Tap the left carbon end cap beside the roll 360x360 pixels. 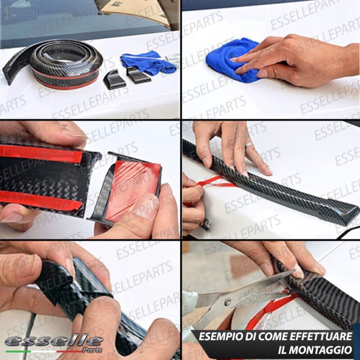click(x=114, y=80)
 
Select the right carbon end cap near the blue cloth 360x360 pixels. click(x=138, y=75)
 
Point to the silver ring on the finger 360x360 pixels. click(x=248, y=145)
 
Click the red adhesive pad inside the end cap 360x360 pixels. click(x=133, y=191)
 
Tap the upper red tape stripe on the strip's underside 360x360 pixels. click(x=41, y=154)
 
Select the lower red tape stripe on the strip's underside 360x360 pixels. click(x=41, y=200)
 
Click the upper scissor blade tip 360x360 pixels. click(x=294, y=271)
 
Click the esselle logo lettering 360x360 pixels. click(x=54, y=341)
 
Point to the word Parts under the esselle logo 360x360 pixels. click(x=92, y=350)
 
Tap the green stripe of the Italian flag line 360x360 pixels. click(x=19, y=352)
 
